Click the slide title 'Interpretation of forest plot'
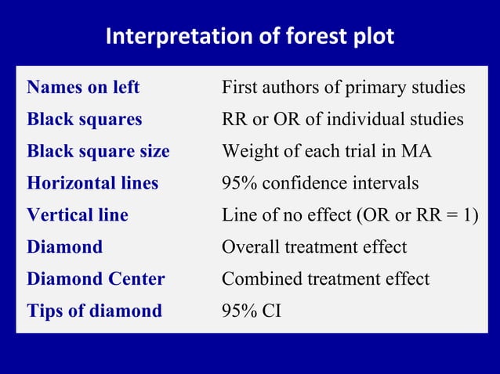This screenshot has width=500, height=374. point(250,37)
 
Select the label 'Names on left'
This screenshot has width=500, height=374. point(83,88)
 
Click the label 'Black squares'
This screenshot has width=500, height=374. point(85,120)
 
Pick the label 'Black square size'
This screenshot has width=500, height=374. point(98,151)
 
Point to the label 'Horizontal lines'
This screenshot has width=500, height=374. point(92,183)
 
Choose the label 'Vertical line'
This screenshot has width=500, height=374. point(78,215)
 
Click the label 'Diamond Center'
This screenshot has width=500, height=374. point(96,279)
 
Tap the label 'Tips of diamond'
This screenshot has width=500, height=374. point(94,311)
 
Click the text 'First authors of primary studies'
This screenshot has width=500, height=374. point(343,88)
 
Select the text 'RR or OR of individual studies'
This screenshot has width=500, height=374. point(342,120)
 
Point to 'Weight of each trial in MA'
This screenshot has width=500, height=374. point(327,151)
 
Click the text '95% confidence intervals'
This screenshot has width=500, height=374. point(320,183)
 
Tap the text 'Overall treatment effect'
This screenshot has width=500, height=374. point(314,247)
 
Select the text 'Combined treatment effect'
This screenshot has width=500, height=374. point(325,279)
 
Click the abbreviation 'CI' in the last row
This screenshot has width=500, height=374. point(271,311)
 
